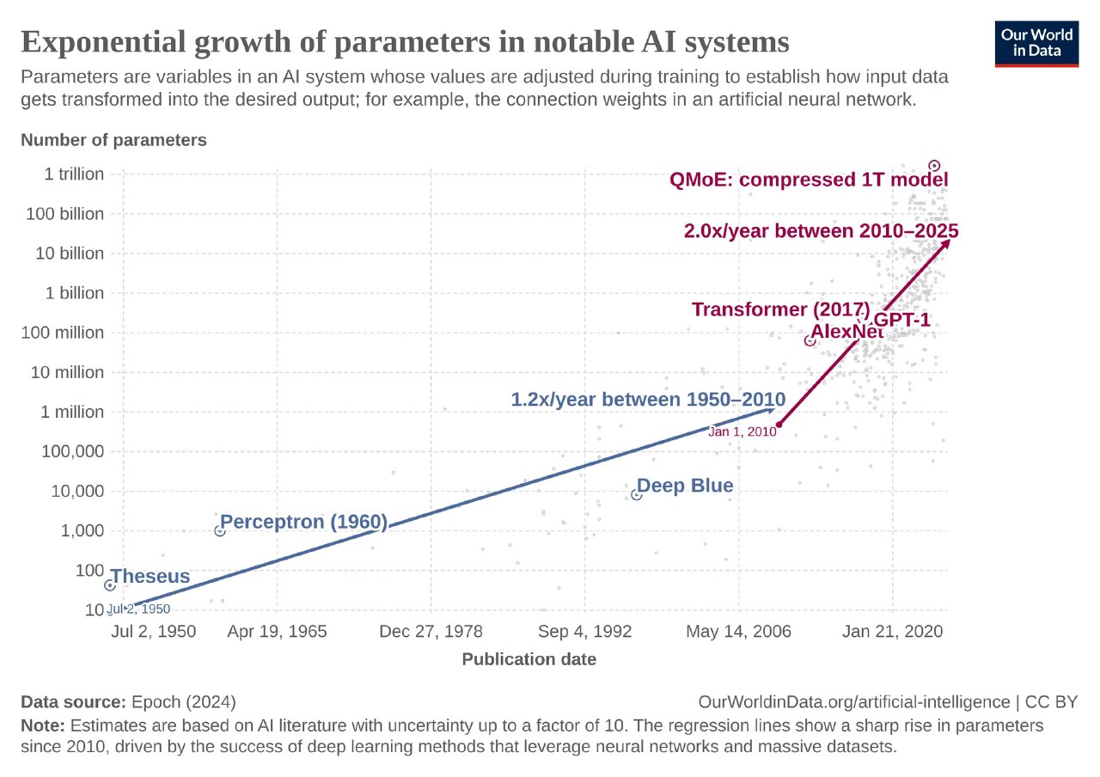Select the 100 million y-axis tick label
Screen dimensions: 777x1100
click(63, 333)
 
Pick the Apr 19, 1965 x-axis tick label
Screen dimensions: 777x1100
click(277, 632)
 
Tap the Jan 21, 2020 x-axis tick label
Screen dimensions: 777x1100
click(893, 632)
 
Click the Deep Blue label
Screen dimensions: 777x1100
click(686, 486)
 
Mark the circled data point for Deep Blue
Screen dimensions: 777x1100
click(637, 494)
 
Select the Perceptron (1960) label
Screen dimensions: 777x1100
click(304, 522)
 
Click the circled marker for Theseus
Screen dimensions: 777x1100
click(110, 585)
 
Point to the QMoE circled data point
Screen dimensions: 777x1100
click(935, 166)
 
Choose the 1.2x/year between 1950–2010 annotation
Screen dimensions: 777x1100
click(648, 399)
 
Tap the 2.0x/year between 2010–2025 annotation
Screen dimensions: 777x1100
click(821, 230)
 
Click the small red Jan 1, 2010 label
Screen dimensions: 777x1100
click(742, 432)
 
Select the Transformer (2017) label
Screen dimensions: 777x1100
click(780, 309)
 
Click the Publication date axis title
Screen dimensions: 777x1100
click(529, 660)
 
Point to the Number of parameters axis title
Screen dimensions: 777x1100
click(113, 140)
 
